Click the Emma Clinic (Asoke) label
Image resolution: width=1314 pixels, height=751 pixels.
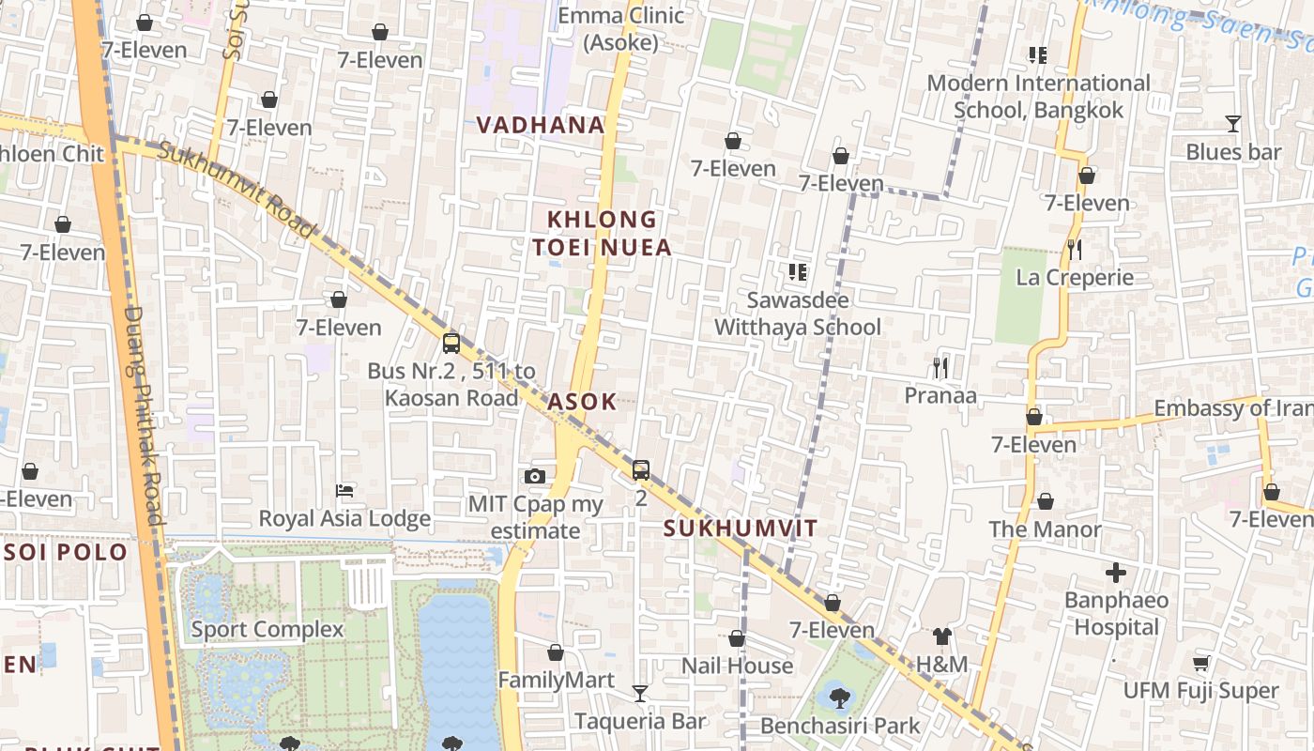[x=620, y=28]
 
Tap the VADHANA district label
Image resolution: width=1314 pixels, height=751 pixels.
[x=540, y=125]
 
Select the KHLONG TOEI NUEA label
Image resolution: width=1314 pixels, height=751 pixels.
[x=602, y=233]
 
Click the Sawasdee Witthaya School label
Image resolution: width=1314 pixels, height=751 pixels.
[x=797, y=314]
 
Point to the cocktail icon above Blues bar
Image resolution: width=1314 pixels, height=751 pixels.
[x=1232, y=124]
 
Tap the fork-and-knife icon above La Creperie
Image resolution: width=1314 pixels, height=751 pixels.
[x=1075, y=250]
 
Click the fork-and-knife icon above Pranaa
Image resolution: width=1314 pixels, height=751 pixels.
[x=940, y=367]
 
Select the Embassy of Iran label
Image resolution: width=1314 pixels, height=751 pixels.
[x=1232, y=408]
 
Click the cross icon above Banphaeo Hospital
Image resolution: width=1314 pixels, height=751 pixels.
[x=1116, y=572]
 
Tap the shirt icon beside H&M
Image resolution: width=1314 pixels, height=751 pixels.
[x=941, y=637]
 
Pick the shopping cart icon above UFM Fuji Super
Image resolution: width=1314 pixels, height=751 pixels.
[x=1200, y=664]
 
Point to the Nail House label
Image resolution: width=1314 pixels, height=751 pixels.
[x=737, y=666]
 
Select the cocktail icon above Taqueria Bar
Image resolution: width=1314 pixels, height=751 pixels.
[x=640, y=694]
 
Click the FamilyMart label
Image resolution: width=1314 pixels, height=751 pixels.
[x=556, y=680]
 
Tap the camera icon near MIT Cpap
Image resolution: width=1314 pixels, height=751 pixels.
[x=535, y=477]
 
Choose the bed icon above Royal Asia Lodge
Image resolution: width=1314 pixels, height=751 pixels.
[x=344, y=490]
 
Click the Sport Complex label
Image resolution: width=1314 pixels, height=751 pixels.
[x=267, y=629]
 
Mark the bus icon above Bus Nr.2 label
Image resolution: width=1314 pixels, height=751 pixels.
[x=451, y=343]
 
